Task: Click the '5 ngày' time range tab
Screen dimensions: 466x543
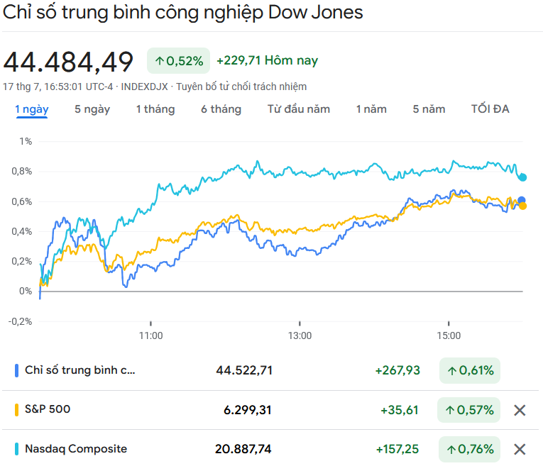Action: click(x=92, y=109)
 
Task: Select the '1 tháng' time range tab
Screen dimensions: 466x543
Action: click(x=155, y=109)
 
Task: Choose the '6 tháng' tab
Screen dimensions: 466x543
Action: click(x=221, y=109)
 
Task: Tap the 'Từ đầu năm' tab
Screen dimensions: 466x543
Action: click(x=298, y=109)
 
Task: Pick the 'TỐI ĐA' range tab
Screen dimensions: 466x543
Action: click(x=490, y=109)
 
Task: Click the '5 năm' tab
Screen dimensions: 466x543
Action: click(x=429, y=109)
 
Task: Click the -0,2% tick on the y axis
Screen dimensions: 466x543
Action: click(x=21, y=321)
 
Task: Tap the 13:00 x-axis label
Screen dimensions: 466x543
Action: click(x=300, y=335)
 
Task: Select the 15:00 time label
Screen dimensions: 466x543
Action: click(x=449, y=335)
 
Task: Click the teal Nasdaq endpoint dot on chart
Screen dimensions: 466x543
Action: click(x=523, y=177)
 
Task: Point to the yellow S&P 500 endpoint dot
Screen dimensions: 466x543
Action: click(x=523, y=206)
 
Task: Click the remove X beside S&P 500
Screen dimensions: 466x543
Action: click(x=520, y=410)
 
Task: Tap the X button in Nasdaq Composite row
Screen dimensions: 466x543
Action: click(x=520, y=449)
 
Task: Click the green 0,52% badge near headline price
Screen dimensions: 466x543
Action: click(x=179, y=61)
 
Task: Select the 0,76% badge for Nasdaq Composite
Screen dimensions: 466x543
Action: click(x=470, y=449)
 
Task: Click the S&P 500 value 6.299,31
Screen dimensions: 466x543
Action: click(x=243, y=410)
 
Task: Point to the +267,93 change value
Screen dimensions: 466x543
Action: click(x=397, y=370)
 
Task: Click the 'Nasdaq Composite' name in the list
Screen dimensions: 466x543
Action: click(x=76, y=449)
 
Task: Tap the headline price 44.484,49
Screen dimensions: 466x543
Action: click(x=68, y=62)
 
